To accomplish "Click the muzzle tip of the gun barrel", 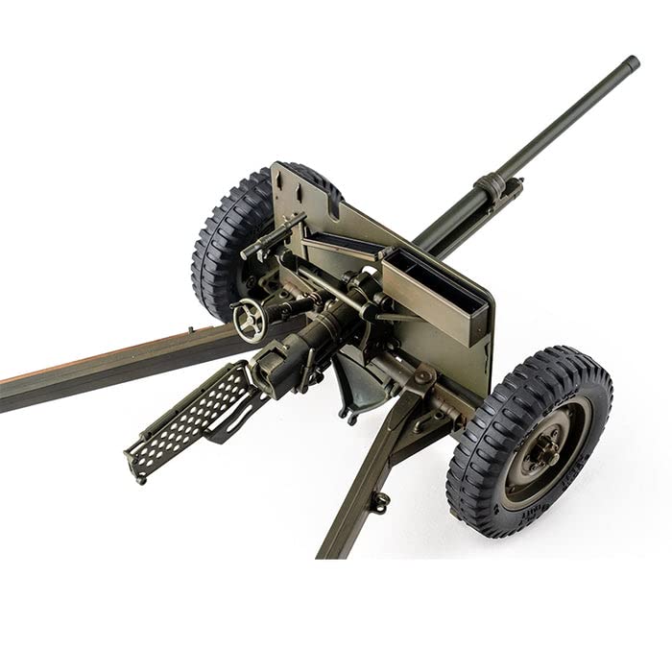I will (x=631, y=63).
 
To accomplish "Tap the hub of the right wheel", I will (x=542, y=447).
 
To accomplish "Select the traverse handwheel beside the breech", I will (x=251, y=319).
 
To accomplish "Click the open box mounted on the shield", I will (x=437, y=293).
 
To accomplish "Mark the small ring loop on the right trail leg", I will (x=381, y=501).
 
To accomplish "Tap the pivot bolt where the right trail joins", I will (x=422, y=378).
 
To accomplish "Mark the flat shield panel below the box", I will (x=451, y=355).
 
